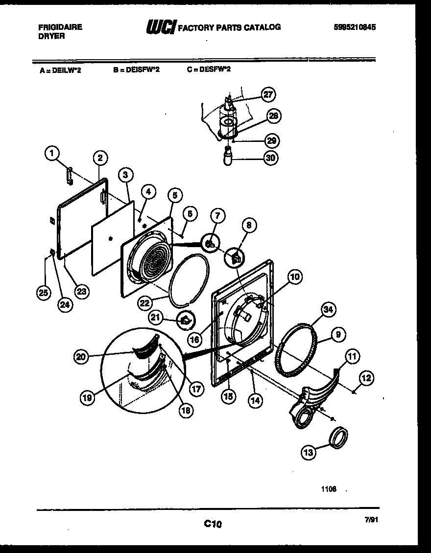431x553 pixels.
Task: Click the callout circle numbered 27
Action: [x=268, y=95]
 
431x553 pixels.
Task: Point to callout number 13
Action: [x=309, y=453]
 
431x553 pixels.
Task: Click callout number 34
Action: [x=329, y=310]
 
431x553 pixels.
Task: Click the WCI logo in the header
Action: [x=161, y=27]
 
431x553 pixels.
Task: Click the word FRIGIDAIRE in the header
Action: [x=60, y=27]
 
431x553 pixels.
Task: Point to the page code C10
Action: [x=213, y=524]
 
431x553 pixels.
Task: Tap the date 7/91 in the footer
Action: [x=371, y=521]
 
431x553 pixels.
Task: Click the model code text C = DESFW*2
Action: [x=208, y=69]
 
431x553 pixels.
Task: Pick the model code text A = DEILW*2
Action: [x=60, y=70]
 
